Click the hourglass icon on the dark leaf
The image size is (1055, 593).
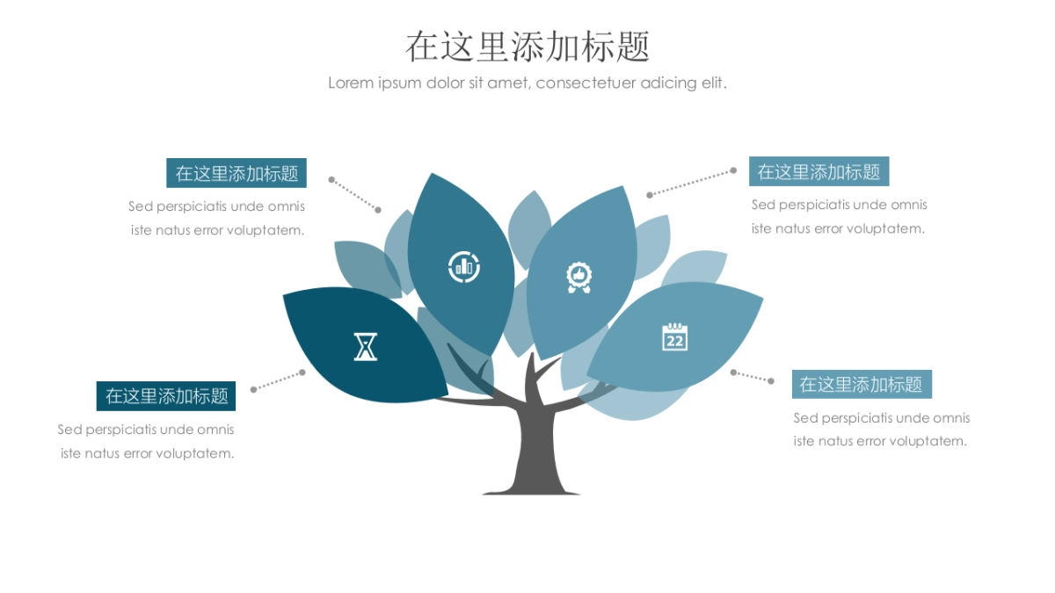click(365, 346)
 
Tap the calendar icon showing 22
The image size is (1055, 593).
click(674, 337)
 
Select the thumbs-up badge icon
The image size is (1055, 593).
click(578, 278)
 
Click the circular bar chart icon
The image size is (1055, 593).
click(463, 266)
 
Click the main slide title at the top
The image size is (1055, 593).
click(527, 46)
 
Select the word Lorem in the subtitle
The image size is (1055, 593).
click(351, 83)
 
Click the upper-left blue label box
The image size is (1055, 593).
click(236, 173)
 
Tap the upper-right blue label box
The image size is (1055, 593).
click(819, 171)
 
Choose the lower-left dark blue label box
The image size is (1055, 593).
click(167, 395)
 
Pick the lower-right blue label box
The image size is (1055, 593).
click(861, 384)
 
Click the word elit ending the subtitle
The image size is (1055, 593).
click(713, 83)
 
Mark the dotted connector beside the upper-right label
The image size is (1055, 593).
click(691, 183)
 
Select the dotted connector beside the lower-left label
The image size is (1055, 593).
click(277, 380)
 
